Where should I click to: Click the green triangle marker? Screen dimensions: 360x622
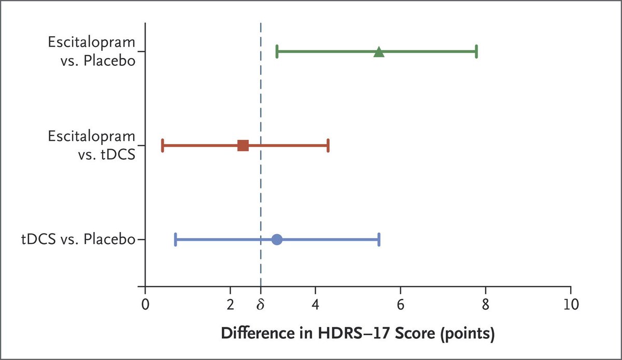(x=379, y=52)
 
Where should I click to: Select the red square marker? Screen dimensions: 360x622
(x=243, y=146)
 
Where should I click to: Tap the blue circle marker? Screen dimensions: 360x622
(x=277, y=239)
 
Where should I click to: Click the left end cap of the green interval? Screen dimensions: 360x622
(x=277, y=52)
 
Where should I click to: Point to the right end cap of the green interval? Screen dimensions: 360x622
(x=476, y=52)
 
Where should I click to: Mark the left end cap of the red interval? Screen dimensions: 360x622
(x=163, y=146)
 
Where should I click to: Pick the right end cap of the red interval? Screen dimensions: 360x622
(x=328, y=146)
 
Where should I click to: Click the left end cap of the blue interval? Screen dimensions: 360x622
(x=176, y=239)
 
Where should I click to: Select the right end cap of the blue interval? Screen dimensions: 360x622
(x=379, y=239)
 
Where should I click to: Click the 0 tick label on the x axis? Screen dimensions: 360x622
(x=145, y=303)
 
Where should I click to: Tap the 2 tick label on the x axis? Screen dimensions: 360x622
(x=231, y=303)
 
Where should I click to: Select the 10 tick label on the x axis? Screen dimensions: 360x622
(x=570, y=303)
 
